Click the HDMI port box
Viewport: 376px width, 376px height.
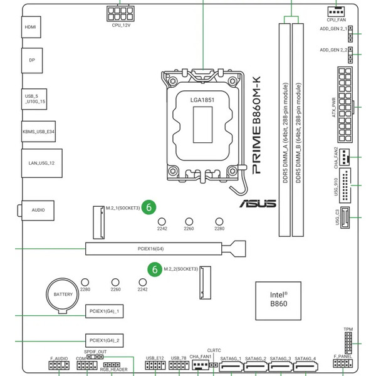(31, 27)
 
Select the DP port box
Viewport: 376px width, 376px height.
(32, 60)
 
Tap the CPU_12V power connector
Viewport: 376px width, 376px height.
(120, 14)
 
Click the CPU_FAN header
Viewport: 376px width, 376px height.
(336, 11)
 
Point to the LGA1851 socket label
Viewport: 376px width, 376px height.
(202, 100)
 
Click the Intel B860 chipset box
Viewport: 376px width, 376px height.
(278, 301)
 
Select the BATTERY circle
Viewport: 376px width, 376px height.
(63, 295)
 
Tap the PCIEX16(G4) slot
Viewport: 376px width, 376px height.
(165, 249)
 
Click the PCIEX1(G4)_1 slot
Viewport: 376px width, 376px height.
(104, 311)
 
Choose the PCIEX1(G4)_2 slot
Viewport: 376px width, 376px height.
(104, 340)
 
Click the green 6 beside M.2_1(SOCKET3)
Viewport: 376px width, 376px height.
(149, 207)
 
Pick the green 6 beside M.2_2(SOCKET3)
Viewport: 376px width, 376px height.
(155, 269)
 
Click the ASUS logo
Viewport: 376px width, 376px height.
(258, 204)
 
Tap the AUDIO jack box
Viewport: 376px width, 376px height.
(38, 211)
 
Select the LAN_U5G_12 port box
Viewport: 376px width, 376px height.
(42, 163)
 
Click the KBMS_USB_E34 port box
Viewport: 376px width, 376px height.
(38, 132)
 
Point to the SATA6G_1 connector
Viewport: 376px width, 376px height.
(231, 367)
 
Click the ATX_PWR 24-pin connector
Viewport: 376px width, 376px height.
(345, 105)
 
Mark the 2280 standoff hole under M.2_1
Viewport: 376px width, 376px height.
(219, 222)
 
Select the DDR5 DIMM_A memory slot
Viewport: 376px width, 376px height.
(285, 130)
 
